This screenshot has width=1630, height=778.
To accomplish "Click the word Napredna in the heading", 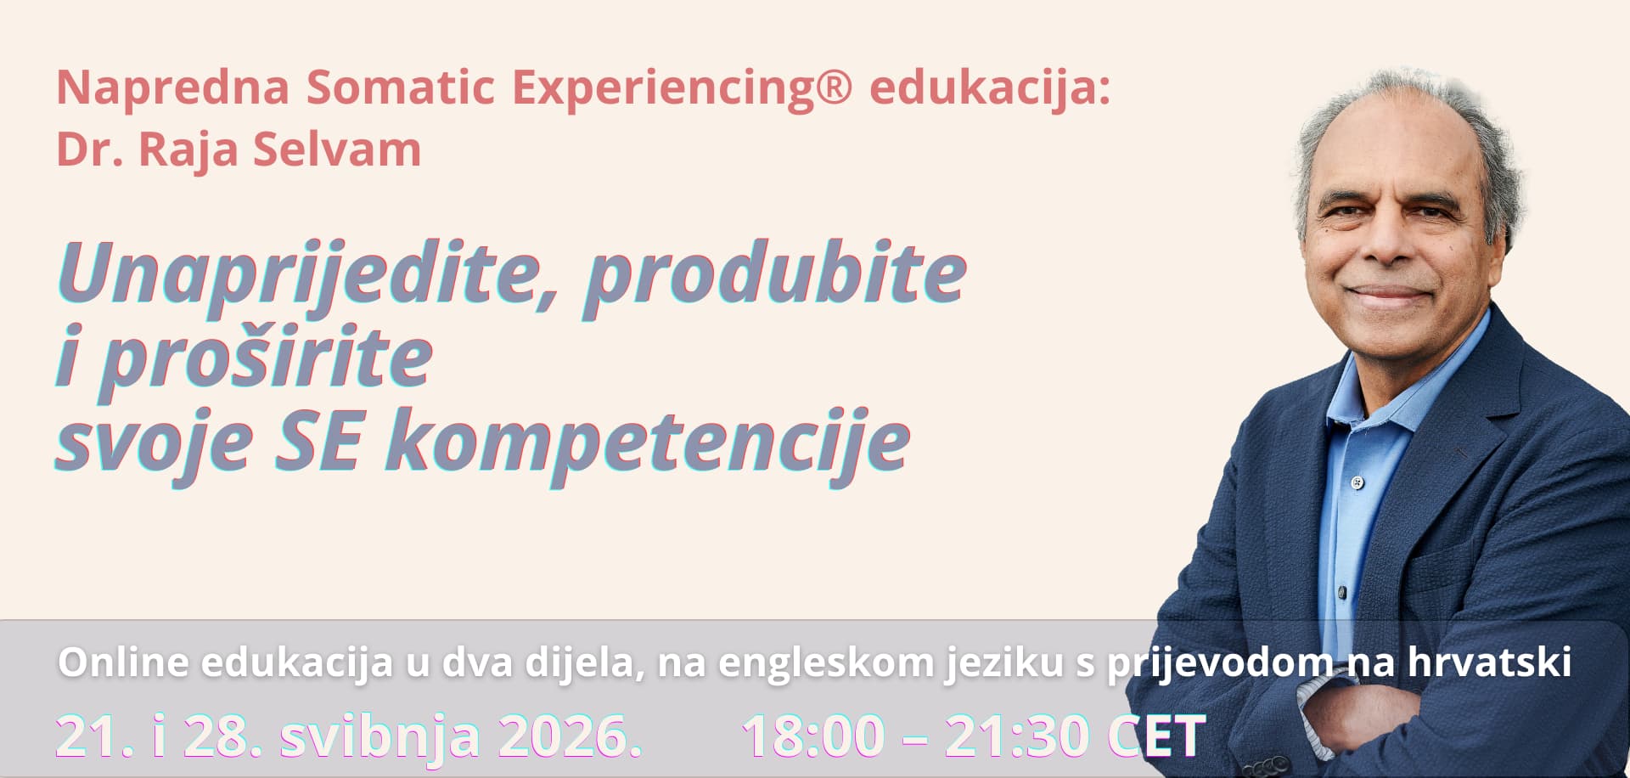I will tap(173, 87).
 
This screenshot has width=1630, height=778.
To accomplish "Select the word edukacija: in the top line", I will tap(990, 87).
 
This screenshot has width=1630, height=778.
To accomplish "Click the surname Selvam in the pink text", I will tap(337, 149).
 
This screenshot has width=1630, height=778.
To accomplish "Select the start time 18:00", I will tap(813, 736).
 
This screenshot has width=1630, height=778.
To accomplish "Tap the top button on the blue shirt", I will tap(1357, 482).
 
